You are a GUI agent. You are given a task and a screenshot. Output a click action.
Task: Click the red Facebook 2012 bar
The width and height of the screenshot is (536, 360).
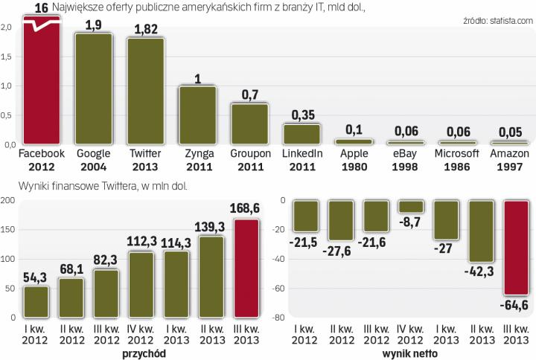pyautogui.click(x=42, y=82)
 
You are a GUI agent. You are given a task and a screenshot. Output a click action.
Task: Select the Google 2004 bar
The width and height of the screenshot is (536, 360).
pyautogui.click(x=95, y=89)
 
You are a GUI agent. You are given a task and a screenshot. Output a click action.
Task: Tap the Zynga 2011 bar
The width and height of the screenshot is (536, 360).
pyautogui.click(x=198, y=115)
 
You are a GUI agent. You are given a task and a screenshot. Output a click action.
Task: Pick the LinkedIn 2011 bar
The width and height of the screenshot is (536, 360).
pyautogui.click(x=302, y=134)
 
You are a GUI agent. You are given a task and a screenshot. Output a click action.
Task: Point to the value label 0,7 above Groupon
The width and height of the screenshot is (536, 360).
pyautogui.click(x=250, y=95)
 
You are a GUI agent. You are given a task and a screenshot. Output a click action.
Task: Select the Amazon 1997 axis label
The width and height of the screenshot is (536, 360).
pyautogui.click(x=510, y=159)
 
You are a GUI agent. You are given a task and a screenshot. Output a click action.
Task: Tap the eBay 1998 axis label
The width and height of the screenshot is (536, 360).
pyautogui.click(x=406, y=159)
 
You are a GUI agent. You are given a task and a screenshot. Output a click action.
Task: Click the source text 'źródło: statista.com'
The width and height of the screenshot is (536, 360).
pyautogui.click(x=492, y=23)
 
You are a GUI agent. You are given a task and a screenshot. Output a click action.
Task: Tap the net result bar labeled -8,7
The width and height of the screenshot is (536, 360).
pyautogui.click(x=410, y=207)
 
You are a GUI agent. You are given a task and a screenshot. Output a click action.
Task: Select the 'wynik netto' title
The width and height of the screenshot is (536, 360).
pyautogui.click(x=410, y=353)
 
